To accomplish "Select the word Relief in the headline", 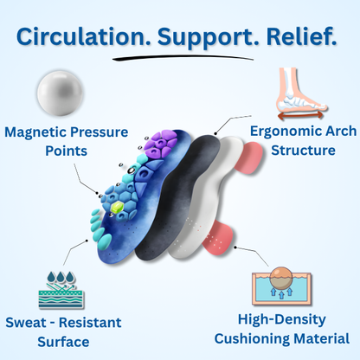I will click(298, 38).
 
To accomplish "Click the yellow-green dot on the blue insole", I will click(114, 208).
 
